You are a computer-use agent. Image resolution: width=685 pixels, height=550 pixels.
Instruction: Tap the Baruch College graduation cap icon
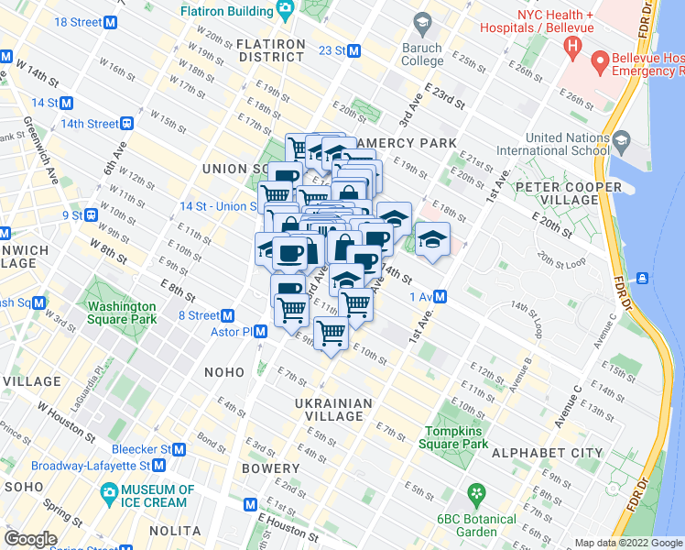(x=422, y=22)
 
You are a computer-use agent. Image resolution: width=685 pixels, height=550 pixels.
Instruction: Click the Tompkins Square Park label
(x=456, y=437)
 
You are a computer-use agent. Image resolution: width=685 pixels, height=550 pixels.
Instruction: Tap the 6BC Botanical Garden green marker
(x=475, y=495)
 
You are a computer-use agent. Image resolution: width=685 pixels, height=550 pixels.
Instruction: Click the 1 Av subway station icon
(x=440, y=296)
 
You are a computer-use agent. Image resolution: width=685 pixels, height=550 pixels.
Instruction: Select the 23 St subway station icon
(x=353, y=50)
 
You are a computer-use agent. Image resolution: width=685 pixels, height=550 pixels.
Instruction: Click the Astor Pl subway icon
(x=260, y=332)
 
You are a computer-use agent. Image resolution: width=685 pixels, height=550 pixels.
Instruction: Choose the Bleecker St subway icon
(x=179, y=449)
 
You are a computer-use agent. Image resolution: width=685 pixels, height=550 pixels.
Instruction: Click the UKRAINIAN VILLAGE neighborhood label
(x=334, y=410)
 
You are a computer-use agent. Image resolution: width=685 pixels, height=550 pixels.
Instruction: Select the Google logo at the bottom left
(x=30, y=539)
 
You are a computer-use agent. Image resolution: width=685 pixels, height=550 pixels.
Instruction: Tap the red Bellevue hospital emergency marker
(x=601, y=62)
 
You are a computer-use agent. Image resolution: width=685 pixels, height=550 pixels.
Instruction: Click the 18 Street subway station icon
(x=112, y=21)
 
